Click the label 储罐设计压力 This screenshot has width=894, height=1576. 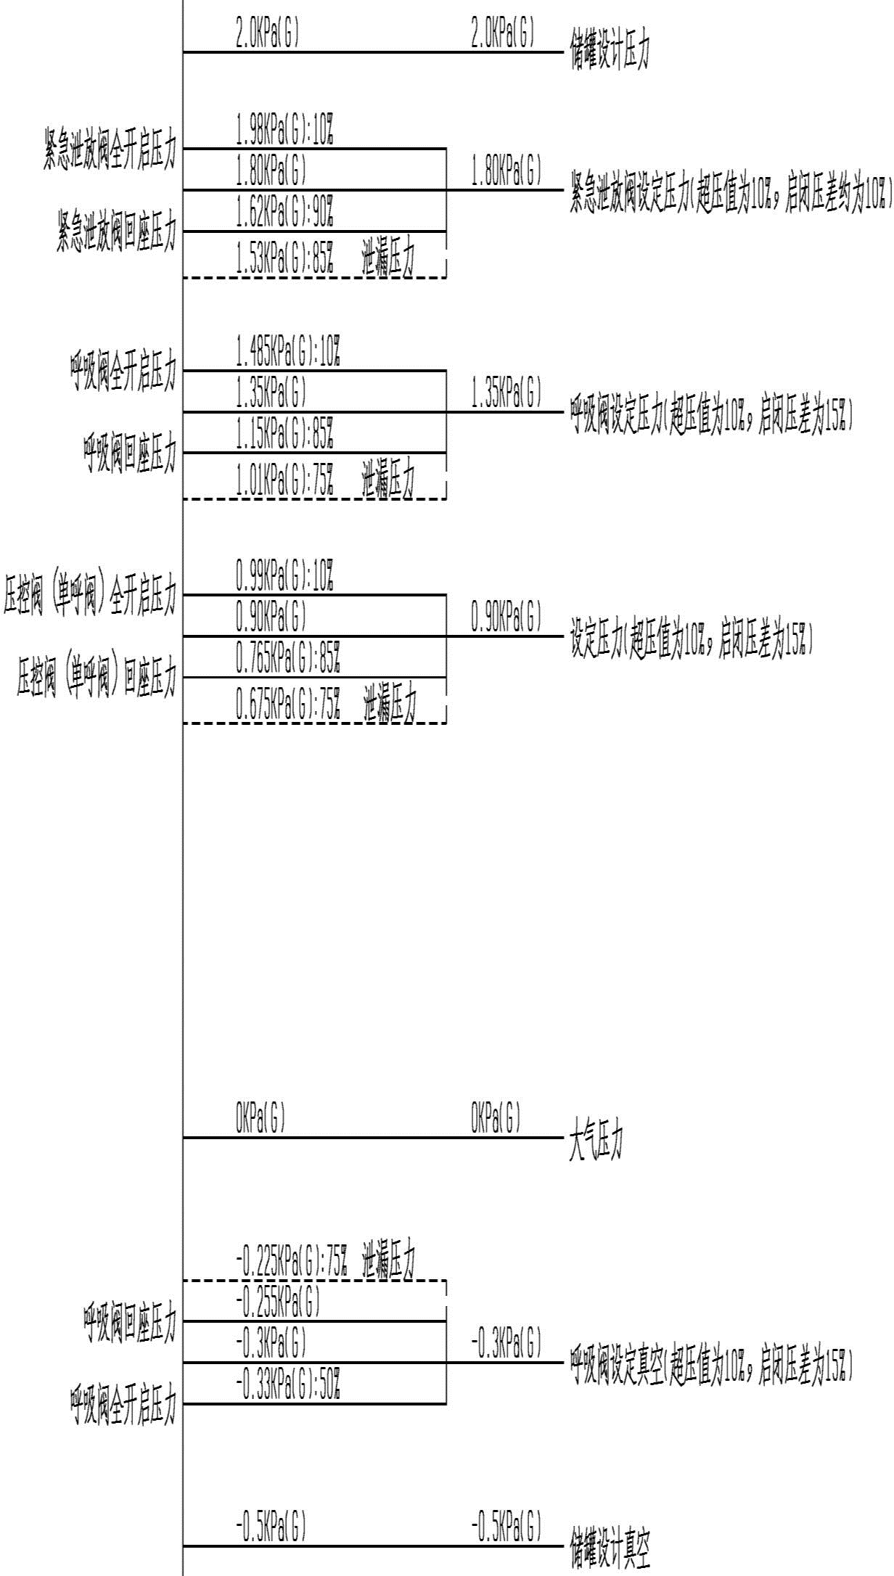(x=609, y=53)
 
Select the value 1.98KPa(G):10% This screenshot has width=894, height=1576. (x=284, y=131)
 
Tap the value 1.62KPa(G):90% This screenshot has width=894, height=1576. (x=284, y=211)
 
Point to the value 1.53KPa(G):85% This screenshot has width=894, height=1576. (x=284, y=258)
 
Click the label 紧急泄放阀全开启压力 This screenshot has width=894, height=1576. (x=110, y=149)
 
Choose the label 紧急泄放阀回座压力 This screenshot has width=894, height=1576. (x=116, y=231)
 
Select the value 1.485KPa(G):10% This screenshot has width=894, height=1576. (x=288, y=353)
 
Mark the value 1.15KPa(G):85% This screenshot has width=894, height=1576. (x=284, y=433)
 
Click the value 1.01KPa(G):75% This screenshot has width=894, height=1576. (x=284, y=480)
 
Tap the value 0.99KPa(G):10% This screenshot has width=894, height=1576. (x=284, y=576)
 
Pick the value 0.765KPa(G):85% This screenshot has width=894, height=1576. (x=288, y=657)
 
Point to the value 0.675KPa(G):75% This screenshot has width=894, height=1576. (x=288, y=704)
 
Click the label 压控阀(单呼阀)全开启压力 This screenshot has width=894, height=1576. (x=90, y=596)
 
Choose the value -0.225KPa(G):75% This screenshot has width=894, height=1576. (x=292, y=1262)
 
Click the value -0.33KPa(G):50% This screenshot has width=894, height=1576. (x=288, y=1383)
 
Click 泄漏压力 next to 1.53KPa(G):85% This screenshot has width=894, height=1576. (x=388, y=258)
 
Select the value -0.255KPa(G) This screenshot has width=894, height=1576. (x=278, y=1303)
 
